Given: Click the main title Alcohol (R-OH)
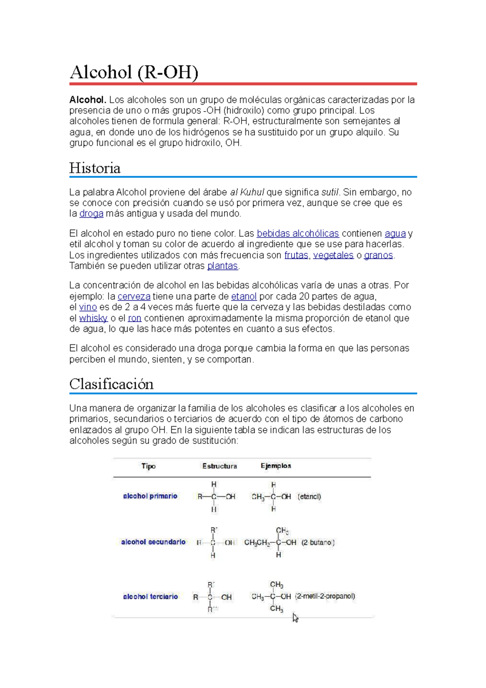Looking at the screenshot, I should [134, 73].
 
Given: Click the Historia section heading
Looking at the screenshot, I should [95, 168].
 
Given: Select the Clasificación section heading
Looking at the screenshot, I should [111, 384].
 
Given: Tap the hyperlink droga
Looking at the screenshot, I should [91, 214].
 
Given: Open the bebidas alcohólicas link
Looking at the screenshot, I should [298, 234].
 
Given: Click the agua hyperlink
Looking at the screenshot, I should [395, 234].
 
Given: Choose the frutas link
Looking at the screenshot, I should [296, 255].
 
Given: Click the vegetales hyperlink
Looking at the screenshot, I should [333, 255].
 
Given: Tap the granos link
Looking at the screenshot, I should [378, 255].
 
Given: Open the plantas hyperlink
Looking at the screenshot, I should [222, 266].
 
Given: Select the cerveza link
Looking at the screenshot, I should [134, 297].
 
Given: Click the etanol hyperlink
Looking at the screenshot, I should [244, 297].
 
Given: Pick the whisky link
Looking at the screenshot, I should [93, 318].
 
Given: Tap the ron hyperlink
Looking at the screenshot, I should [134, 318].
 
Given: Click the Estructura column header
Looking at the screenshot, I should [220, 466].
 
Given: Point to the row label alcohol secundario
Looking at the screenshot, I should [153, 542].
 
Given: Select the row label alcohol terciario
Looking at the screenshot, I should [150, 596].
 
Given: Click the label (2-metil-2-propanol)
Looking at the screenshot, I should [325, 596].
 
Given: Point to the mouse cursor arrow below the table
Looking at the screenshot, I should [295, 618].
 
